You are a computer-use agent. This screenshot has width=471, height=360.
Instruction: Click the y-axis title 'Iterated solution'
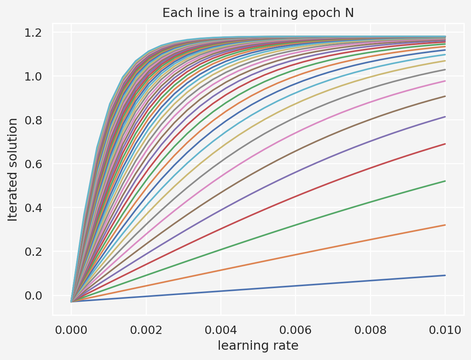click(x=13, y=169)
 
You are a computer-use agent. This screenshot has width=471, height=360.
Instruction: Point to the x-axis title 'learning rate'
click(x=258, y=345)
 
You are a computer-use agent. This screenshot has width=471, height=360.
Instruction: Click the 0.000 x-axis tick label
click(x=71, y=330)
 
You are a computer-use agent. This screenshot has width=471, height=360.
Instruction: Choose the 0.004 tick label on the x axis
click(x=221, y=330)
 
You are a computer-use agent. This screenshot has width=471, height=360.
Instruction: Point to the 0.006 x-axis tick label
click(x=296, y=330)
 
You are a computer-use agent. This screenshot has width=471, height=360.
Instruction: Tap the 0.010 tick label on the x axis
click(x=445, y=330)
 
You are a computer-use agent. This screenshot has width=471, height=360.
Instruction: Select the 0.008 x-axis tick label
click(x=370, y=330)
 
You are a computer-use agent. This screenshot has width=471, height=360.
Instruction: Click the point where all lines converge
click(x=71, y=302)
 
